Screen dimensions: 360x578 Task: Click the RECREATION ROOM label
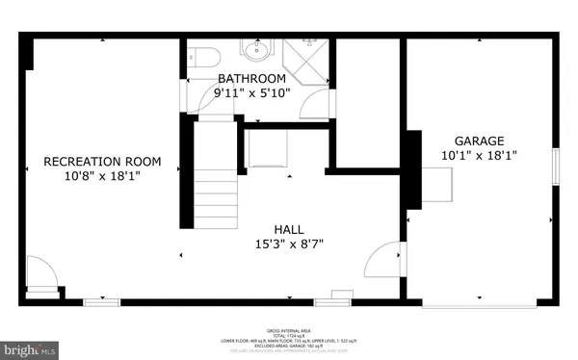(x=102, y=162)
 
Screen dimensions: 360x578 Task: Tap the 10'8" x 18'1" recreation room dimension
(x=102, y=177)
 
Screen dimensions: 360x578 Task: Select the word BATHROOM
(x=251, y=78)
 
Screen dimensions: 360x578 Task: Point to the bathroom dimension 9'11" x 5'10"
(x=251, y=93)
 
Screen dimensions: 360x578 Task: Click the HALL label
(x=289, y=228)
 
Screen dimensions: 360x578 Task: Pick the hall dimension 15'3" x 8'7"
(x=289, y=244)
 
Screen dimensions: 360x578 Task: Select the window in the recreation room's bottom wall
(x=100, y=302)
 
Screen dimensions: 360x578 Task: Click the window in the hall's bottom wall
(x=331, y=300)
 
